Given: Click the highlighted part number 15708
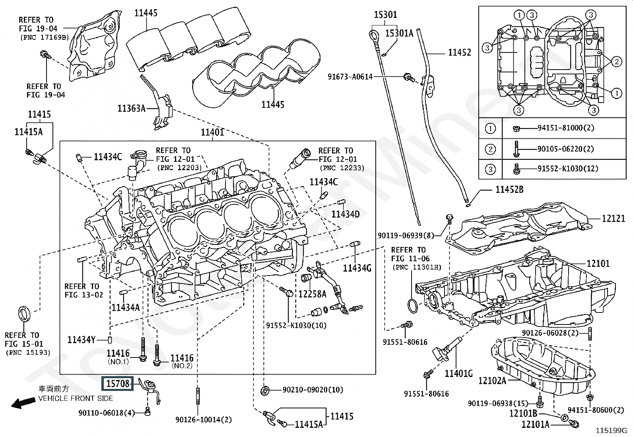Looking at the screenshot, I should pyautogui.click(x=118, y=384).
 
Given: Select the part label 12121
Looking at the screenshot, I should pyautogui.click(x=613, y=218).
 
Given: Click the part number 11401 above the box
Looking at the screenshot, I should pyautogui.click(x=212, y=132).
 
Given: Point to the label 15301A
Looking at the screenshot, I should pyautogui.click(x=399, y=33).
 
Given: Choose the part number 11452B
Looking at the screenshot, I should pyautogui.click(x=509, y=190).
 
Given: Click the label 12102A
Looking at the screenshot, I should pyautogui.click(x=492, y=381).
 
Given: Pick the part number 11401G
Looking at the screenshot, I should pyautogui.click(x=458, y=373).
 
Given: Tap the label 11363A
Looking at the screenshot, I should pyautogui.click(x=132, y=108).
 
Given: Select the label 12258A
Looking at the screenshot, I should pyautogui.click(x=312, y=294).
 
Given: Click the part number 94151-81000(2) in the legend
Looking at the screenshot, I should pyautogui.click(x=565, y=128).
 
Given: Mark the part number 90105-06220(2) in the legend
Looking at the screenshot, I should pyautogui.click(x=565, y=149).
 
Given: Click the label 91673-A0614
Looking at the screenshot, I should pyautogui.click(x=350, y=77).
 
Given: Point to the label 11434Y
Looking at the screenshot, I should pyautogui.click(x=82, y=340).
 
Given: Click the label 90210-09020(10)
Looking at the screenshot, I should pyautogui.click(x=313, y=390).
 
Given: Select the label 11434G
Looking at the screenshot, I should pyautogui.click(x=357, y=268).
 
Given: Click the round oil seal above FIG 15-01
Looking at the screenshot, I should pyautogui.click(x=24, y=313).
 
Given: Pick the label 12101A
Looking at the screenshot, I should pyautogui.click(x=535, y=425).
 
